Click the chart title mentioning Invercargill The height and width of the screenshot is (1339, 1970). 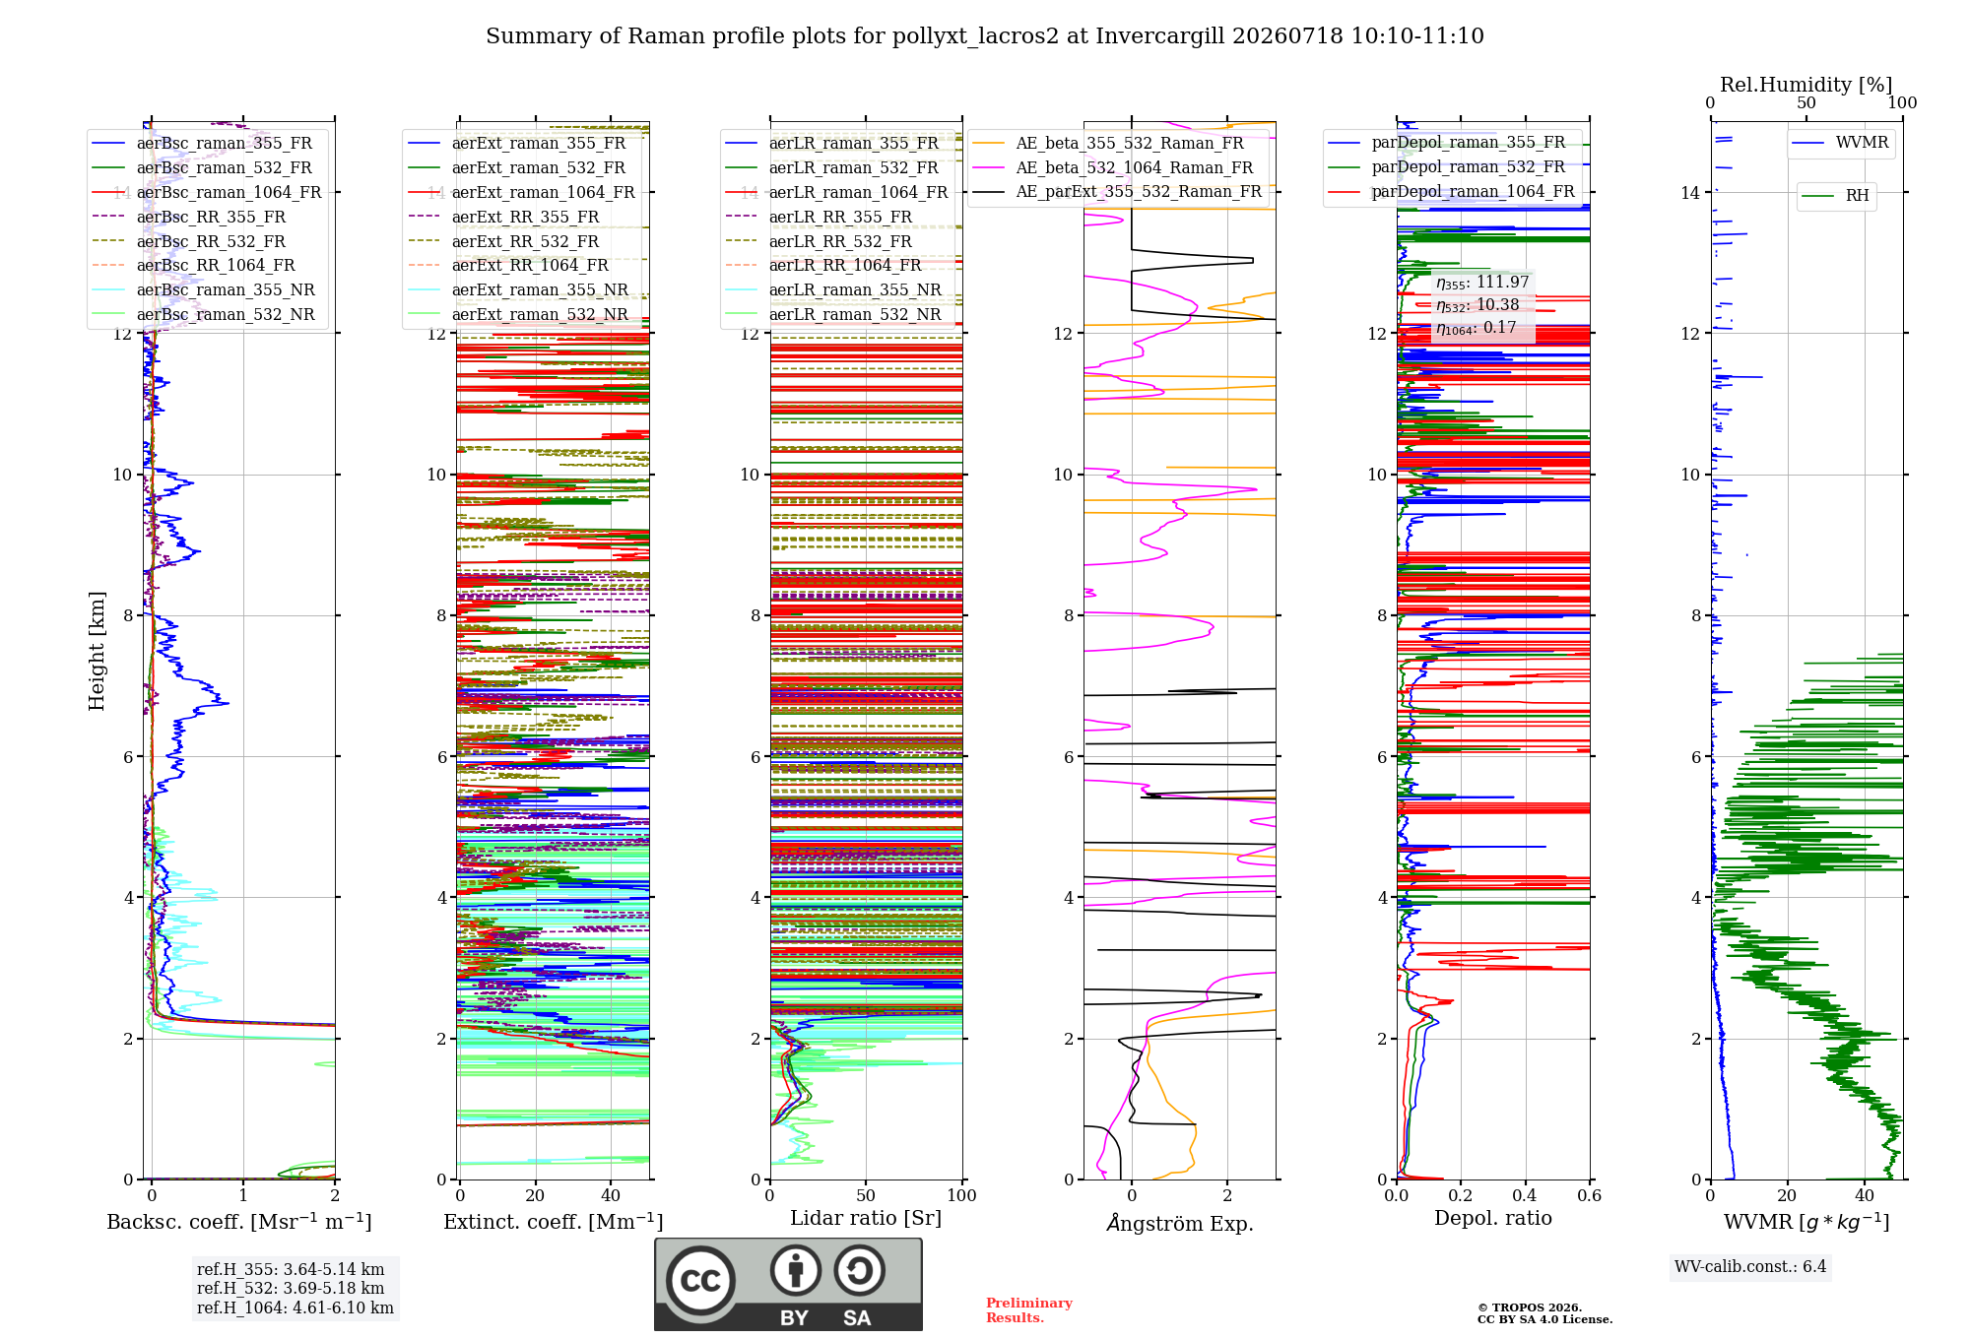coord(985,36)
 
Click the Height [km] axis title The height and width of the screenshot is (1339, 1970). coord(97,651)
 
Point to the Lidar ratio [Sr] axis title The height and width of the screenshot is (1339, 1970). coord(866,1219)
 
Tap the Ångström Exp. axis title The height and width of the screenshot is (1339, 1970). coord(1180,1223)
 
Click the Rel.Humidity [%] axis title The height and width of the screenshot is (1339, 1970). coord(1806,85)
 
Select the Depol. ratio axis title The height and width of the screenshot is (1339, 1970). coord(1493,1219)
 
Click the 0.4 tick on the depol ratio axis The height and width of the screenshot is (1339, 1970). coord(1525,1196)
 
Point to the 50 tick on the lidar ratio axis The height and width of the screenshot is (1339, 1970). coord(866,1196)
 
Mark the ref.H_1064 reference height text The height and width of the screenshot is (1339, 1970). coord(295,1308)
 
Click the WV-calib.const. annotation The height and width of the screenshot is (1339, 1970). coord(1750,1267)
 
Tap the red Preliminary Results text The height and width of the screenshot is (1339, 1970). coord(1029,1310)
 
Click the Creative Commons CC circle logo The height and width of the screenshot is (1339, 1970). coord(701,1281)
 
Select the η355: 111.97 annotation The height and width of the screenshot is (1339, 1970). coord(1482,283)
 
